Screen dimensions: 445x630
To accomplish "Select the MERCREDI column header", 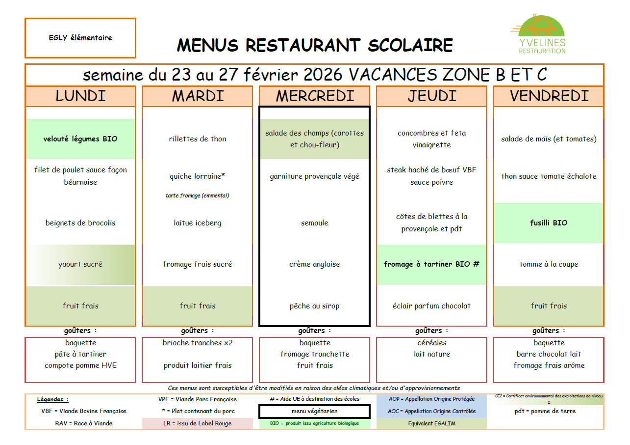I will coord(315,96).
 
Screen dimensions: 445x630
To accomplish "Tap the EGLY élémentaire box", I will coord(80,38).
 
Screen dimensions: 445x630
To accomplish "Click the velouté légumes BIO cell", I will coord(80,139).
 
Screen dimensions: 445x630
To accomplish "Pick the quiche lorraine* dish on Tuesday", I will coord(198,176).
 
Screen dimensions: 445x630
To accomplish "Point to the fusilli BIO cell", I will coord(549,223).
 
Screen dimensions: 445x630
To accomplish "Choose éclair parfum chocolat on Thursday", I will coord(431,306).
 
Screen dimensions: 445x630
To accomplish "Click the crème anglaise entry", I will coord(315,264).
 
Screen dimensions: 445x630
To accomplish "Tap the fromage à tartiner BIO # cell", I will coord(431,264).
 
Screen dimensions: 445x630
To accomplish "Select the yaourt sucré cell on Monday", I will coord(80,264).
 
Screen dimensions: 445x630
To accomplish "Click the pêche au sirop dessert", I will coord(315,306).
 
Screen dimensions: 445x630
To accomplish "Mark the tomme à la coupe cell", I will coord(549,264).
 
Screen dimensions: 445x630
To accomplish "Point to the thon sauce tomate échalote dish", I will coord(549,176).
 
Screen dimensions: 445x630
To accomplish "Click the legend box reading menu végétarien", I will coord(315,411).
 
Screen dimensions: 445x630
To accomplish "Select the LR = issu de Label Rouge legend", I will coord(198,423).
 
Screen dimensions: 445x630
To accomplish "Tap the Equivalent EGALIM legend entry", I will coord(431,423).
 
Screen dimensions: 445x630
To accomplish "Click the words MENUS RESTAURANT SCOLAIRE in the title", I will coord(315,45).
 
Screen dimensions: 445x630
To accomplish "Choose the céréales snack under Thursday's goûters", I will coord(431,343).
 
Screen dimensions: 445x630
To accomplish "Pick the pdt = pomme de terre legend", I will coord(549,411).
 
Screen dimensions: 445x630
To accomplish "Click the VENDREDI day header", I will coord(549,96).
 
